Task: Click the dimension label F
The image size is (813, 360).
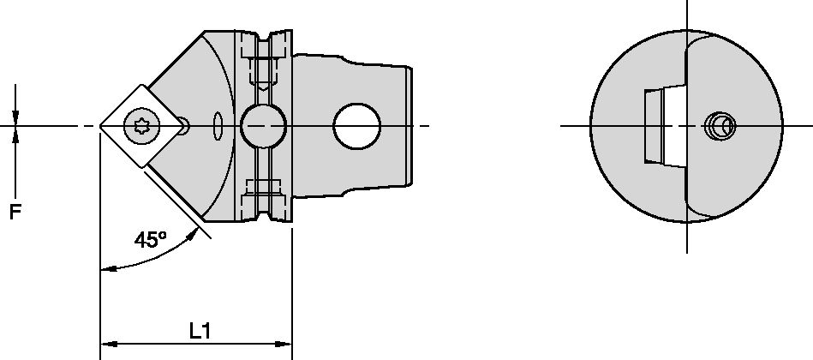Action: tap(15, 212)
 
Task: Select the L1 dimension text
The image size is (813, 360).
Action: tap(200, 331)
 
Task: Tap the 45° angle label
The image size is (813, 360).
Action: tap(150, 240)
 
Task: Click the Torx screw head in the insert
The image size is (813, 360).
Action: tap(139, 127)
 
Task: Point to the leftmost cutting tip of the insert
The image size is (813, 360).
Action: tap(101, 127)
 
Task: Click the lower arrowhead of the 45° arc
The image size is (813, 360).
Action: tap(106, 268)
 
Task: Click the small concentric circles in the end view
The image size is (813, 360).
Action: tap(717, 127)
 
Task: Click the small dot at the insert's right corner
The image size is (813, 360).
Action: tap(183, 127)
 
